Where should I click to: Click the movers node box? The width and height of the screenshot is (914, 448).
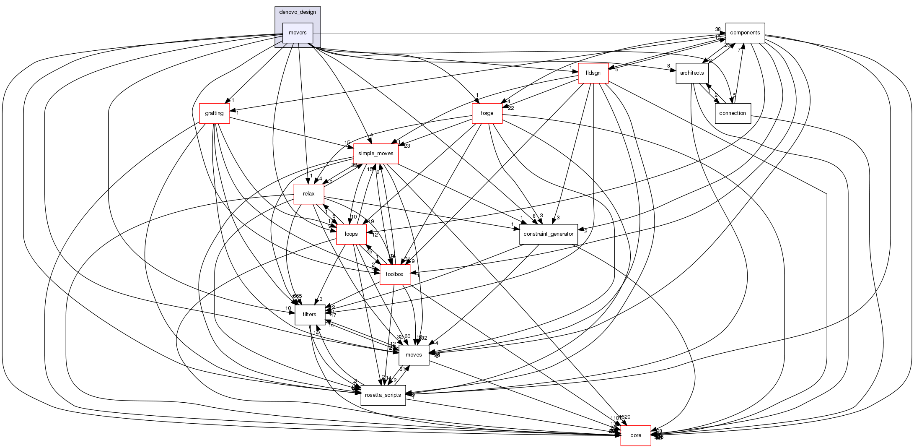pos(298,33)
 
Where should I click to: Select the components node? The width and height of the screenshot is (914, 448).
pos(745,33)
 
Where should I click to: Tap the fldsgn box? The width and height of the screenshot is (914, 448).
pos(593,73)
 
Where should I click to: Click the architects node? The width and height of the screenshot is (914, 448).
pos(692,73)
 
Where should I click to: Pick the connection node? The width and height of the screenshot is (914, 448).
pos(732,113)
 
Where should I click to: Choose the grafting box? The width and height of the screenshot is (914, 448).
pos(214,113)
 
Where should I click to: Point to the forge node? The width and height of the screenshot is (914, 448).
pos(487,113)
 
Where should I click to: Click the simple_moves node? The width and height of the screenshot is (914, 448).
pos(375,154)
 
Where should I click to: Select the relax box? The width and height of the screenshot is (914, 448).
pos(308,194)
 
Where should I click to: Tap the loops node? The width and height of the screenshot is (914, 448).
pos(351,234)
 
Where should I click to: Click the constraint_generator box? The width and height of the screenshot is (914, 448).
pos(548,234)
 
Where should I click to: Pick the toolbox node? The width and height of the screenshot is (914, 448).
pos(394,274)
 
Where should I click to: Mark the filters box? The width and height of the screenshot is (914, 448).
pos(309,315)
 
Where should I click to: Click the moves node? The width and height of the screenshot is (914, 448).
pos(414,355)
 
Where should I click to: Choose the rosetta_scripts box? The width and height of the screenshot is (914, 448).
pos(383,395)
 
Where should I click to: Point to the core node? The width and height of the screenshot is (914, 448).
pos(635,435)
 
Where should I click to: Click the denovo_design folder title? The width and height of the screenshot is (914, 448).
pos(298,12)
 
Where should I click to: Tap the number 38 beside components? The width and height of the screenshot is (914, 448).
pos(717,29)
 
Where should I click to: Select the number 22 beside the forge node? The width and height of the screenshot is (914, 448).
pos(511,108)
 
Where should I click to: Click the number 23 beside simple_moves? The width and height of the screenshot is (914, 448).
pos(407,146)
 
